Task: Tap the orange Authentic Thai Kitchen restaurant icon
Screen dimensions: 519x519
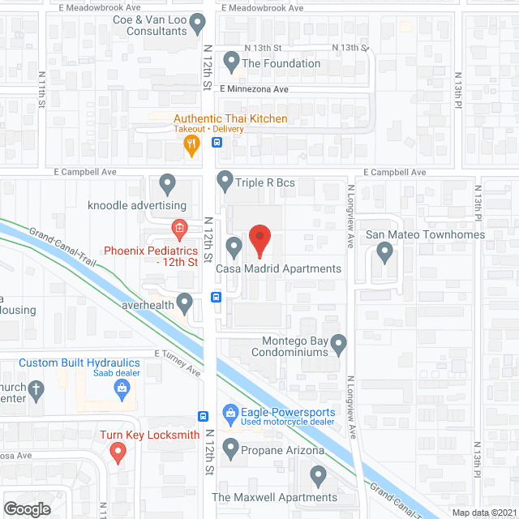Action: (191, 146)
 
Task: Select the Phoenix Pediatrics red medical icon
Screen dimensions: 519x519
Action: (179, 228)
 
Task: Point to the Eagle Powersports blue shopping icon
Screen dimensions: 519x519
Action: (231, 414)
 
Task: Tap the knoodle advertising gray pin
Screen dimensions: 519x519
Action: (168, 183)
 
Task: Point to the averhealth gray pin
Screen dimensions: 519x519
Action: (185, 303)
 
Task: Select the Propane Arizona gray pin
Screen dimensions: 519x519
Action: (231, 447)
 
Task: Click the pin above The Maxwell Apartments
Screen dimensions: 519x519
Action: (317, 474)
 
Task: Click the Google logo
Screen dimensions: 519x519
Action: (27, 508)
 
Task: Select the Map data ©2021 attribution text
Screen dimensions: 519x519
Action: (484, 512)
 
